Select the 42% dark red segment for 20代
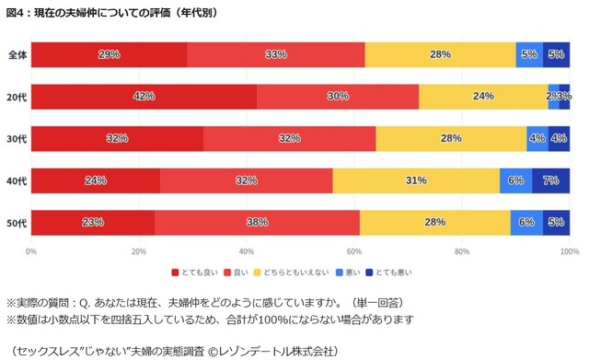click(x=144, y=96)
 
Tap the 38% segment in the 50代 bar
click(x=257, y=222)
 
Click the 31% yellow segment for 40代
click(x=416, y=180)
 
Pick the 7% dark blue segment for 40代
click(x=550, y=180)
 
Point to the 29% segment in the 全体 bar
click(x=109, y=54)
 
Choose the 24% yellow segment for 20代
click(x=483, y=96)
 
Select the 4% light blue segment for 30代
click(x=537, y=138)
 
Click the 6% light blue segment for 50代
click(x=526, y=222)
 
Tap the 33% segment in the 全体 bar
click(x=275, y=54)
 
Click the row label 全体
click(x=17, y=54)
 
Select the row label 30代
click(x=17, y=139)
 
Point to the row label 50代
click(x=17, y=223)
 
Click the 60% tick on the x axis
click(x=354, y=250)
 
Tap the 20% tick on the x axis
click(x=139, y=250)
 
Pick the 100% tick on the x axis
click(x=568, y=250)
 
